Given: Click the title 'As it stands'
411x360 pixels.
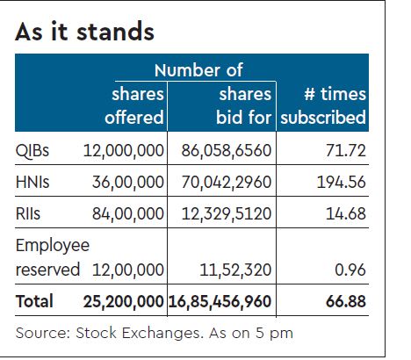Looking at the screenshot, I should (x=84, y=32).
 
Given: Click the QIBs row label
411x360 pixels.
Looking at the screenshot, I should (x=33, y=150).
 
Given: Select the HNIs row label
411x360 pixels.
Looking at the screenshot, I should (x=34, y=183).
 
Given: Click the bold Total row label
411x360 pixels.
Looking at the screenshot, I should (x=34, y=301).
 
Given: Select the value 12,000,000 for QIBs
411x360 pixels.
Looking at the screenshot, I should (x=123, y=150).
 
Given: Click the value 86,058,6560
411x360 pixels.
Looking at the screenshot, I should (x=224, y=150).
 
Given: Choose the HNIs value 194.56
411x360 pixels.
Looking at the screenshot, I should (x=338, y=183).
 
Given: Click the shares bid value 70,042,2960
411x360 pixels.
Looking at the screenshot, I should (x=224, y=183).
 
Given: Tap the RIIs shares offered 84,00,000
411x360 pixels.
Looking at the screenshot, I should (x=128, y=215).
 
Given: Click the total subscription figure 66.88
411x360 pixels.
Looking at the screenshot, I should (x=342, y=301).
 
